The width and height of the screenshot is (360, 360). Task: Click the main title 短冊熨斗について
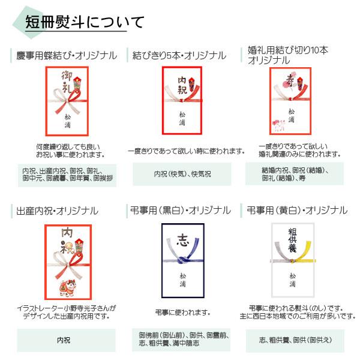tap(84, 22)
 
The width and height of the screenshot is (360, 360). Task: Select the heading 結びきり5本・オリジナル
tap(180, 55)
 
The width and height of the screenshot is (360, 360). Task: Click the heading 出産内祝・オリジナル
tap(57, 211)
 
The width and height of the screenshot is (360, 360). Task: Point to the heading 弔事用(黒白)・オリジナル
tap(180, 211)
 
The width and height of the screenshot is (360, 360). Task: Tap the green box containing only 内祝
tap(64, 340)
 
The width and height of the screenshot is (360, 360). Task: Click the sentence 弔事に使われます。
tap(179, 313)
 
